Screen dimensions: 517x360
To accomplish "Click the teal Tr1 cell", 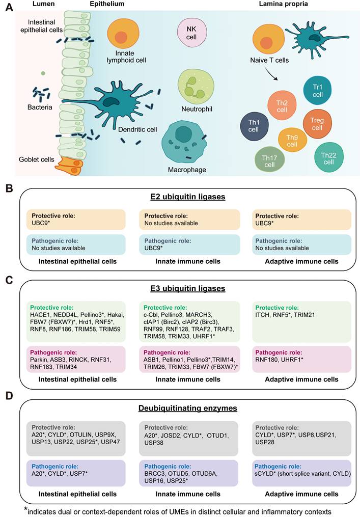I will point(317,91).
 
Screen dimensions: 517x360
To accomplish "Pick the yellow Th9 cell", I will point(292,141).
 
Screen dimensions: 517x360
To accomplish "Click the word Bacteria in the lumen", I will point(40,107).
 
